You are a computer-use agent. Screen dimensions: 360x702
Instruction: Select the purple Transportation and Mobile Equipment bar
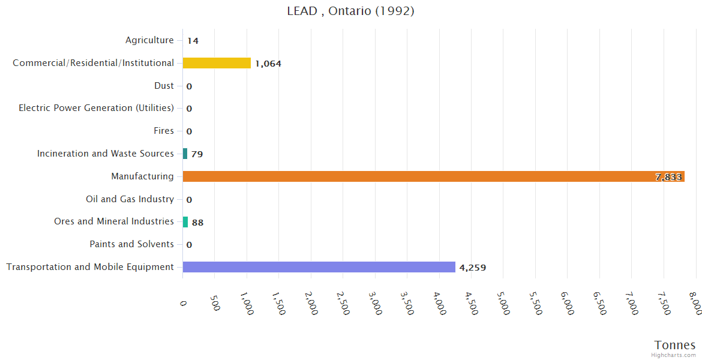(x=319, y=267)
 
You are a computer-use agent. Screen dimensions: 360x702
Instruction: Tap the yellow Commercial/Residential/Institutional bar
(x=217, y=63)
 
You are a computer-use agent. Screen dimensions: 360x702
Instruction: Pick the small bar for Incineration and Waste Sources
(x=185, y=154)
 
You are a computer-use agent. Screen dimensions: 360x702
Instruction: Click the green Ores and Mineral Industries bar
(x=185, y=222)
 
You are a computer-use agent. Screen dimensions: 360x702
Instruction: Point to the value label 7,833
(x=668, y=177)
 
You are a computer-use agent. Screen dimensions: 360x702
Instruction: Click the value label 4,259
(x=473, y=268)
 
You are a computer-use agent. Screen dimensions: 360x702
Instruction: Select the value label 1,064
(x=268, y=64)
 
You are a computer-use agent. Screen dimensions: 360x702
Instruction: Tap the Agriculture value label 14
(x=193, y=41)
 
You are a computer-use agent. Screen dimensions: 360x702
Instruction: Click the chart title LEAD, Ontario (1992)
(x=351, y=11)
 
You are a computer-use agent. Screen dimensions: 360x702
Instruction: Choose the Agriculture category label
(x=149, y=40)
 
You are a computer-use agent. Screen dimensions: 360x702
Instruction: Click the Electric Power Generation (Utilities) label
(x=96, y=108)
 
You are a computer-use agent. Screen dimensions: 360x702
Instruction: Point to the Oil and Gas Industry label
(x=130, y=199)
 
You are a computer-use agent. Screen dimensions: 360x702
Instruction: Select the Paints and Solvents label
(x=131, y=244)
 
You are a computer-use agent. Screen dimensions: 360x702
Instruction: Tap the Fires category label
(x=164, y=131)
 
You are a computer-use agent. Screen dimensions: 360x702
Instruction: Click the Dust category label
(x=164, y=86)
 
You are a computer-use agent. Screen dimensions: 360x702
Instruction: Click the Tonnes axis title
(x=674, y=345)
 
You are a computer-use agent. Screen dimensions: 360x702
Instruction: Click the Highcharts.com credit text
(x=673, y=355)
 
